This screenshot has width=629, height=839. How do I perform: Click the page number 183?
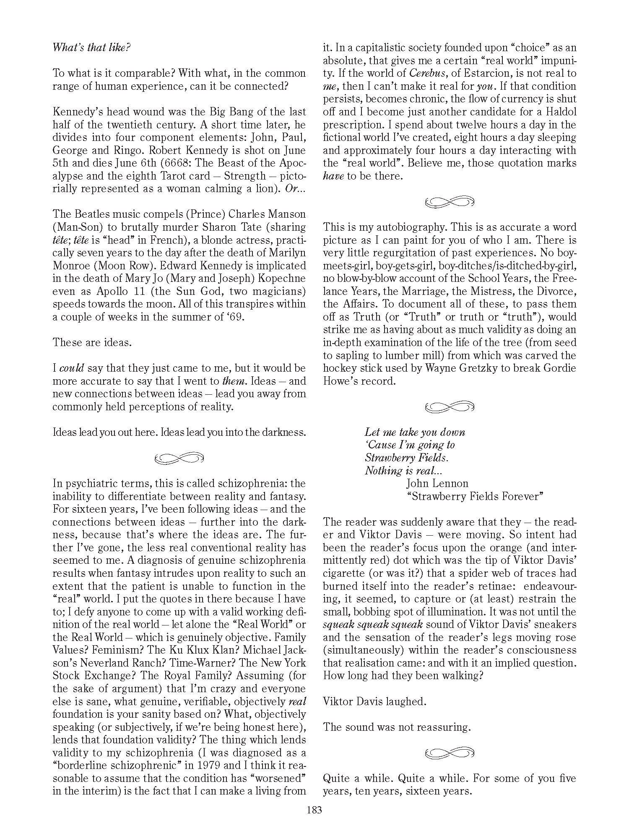(x=314, y=810)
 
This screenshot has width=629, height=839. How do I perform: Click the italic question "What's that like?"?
(x=91, y=47)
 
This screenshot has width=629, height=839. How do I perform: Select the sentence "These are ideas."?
(x=92, y=342)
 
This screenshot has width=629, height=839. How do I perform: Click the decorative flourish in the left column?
(x=179, y=459)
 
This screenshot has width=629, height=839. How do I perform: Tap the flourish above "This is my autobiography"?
(x=449, y=202)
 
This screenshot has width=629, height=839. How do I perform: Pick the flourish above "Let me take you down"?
(x=449, y=406)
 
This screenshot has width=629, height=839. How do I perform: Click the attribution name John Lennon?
(x=437, y=483)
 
